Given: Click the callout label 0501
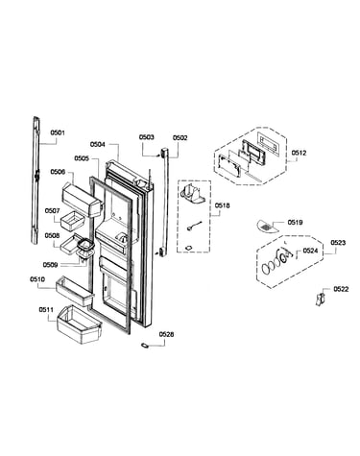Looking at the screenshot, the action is [58, 132].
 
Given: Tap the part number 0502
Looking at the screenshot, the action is [180, 138].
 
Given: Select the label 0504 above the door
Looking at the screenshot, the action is [97, 144].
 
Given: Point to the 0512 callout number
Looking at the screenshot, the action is [299, 153].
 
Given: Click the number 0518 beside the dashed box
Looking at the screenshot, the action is [222, 205].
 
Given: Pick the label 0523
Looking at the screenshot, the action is [338, 243].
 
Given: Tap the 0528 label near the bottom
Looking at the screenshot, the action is [167, 334].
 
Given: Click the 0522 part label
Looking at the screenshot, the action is [341, 289].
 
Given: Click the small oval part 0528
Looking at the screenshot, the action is [145, 345].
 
